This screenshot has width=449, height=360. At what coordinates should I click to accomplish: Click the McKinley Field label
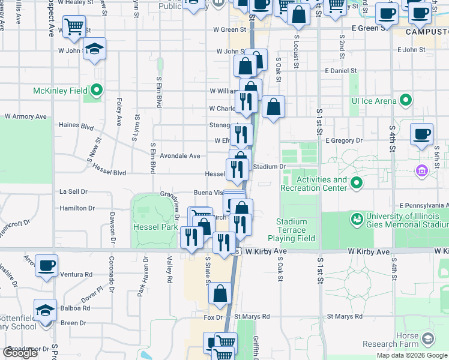(x=59, y=91)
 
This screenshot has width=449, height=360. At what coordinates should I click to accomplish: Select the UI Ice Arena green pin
(x=406, y=101)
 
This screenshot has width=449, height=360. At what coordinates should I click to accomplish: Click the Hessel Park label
(x=155, y=227)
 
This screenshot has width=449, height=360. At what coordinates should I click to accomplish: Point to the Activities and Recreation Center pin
(x=357, y=183)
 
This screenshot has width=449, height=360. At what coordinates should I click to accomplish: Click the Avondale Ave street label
(x=178, y=156)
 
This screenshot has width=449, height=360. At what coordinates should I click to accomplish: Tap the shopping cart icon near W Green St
(x=74, y=26)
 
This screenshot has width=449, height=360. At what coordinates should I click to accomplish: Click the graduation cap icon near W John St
(x=94, y=49)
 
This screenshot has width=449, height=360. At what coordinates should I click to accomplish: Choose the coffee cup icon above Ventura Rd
(x=46, y=265)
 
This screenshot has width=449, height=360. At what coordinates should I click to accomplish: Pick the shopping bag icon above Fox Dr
(x=220, y=293)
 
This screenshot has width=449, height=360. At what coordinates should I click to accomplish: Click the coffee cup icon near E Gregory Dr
(x=421, y=134)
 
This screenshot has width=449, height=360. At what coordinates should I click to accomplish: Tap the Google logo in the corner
(x=20, y=353)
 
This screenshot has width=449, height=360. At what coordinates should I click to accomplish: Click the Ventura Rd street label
(x=80, y=274)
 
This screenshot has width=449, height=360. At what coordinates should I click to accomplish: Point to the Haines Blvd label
(x=76, y=127)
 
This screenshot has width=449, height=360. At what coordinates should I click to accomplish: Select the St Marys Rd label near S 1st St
(x=345, y=316)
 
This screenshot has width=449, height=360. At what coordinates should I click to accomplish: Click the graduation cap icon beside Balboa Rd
(x=45, y=310)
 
